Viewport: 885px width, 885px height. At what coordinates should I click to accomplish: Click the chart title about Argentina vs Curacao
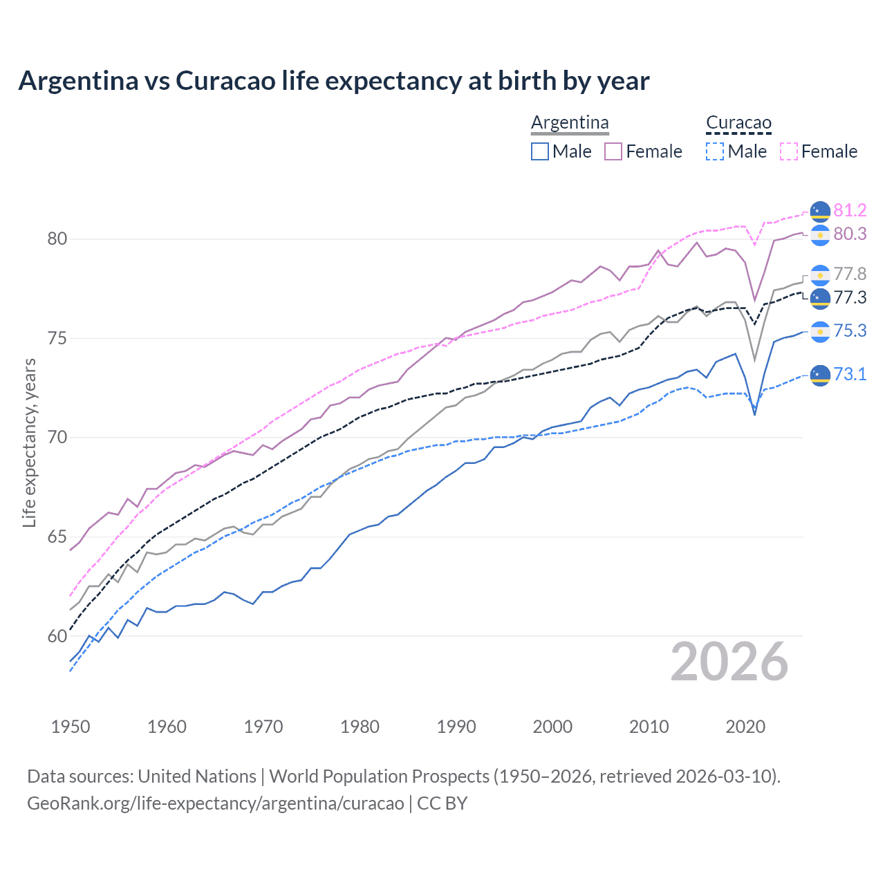[x=333, y=81]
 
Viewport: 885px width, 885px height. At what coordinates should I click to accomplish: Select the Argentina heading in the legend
[x=570, y=122]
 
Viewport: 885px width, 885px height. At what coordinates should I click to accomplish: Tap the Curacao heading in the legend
[x=738, y=122]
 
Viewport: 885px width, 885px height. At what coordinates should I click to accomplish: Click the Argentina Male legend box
[x=540, y=151]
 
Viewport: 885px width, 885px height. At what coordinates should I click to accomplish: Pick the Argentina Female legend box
[x=613, y=151]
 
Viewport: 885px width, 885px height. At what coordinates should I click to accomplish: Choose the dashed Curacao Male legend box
[x=715, y=151]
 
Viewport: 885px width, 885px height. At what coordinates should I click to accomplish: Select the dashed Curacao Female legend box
[x=789, y=151]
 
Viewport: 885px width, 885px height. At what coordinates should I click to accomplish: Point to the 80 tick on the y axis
[x=57, y=239]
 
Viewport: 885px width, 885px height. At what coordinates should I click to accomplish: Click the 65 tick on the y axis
[x=57, y=537]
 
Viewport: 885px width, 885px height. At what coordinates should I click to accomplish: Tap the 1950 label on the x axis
[x=71, y=727]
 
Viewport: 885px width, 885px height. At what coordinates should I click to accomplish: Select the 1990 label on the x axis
[x=456, y=727]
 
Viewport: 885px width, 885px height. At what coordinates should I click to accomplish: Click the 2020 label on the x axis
[x=745, y=727]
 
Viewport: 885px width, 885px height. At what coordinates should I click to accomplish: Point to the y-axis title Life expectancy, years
[x=29, y=442]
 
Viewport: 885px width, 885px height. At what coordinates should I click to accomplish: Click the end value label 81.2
[x=850, y=210]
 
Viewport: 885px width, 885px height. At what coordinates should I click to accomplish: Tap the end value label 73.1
[x=850, y=374]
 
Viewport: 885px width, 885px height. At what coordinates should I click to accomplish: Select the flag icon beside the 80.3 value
[x=820, y=235]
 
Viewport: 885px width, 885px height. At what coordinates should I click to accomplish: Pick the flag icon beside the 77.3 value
[x=820, y=298]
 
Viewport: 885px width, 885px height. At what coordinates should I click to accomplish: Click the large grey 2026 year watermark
[x=729, y=662]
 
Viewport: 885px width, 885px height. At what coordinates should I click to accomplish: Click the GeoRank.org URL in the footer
[x=215, y=803]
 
